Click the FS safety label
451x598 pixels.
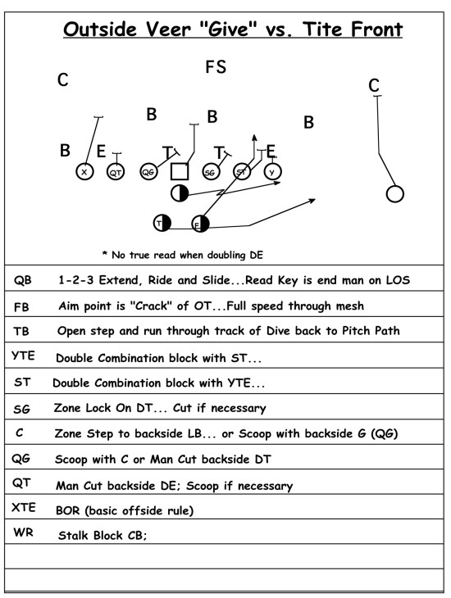pos(216,66)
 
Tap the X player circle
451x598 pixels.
pos(84,172)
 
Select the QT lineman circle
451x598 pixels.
pos(116,172)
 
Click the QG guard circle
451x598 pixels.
pos(148,172)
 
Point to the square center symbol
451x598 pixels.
pos(180,172)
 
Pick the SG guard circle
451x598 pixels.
pos(211,172)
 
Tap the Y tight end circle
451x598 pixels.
pos(272,172)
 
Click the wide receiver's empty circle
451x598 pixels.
pos(395,194)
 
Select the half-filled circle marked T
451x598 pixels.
pos(162,223)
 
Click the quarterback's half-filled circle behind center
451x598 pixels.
pos(180,193)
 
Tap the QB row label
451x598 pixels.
pos(22,280)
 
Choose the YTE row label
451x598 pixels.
pos(23,356)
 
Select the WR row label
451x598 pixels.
pos(23,532)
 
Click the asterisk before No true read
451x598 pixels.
pos(105,253)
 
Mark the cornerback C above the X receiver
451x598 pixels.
pos(63,80)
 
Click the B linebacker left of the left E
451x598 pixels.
pos(65,150)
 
